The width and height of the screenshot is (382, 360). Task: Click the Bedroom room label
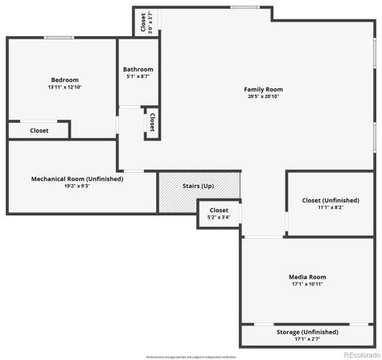coord(65,80)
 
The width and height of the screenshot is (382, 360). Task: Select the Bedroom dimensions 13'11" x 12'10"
coord(65,87)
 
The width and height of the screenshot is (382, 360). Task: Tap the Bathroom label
coord(138,69)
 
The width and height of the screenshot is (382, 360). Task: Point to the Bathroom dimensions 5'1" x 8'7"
coord(138,76)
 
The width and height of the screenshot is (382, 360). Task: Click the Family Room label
coord(264,89)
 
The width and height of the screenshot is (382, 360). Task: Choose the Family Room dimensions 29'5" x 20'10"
coord(264,96)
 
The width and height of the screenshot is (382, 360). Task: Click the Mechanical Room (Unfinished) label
coord(77,178)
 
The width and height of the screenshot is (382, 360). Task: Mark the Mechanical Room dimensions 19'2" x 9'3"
coord(77,186)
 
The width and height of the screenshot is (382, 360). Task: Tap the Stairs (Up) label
coord(198,186)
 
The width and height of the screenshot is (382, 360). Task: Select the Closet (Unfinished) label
coord(331,200)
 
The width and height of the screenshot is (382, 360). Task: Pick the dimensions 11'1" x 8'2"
coord(331,207)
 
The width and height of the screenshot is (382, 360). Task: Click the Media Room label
coord(307,277)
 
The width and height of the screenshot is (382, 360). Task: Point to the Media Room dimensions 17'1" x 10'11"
coord(307,284)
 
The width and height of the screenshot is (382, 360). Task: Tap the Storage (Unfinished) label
coord(307,331)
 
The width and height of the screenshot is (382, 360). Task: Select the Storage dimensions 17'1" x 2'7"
coord(307,338)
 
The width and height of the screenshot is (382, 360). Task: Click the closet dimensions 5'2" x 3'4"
coord(219,217)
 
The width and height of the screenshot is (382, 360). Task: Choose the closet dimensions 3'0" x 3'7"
coord(150,21)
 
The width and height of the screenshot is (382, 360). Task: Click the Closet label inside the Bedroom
coord(39,130)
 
